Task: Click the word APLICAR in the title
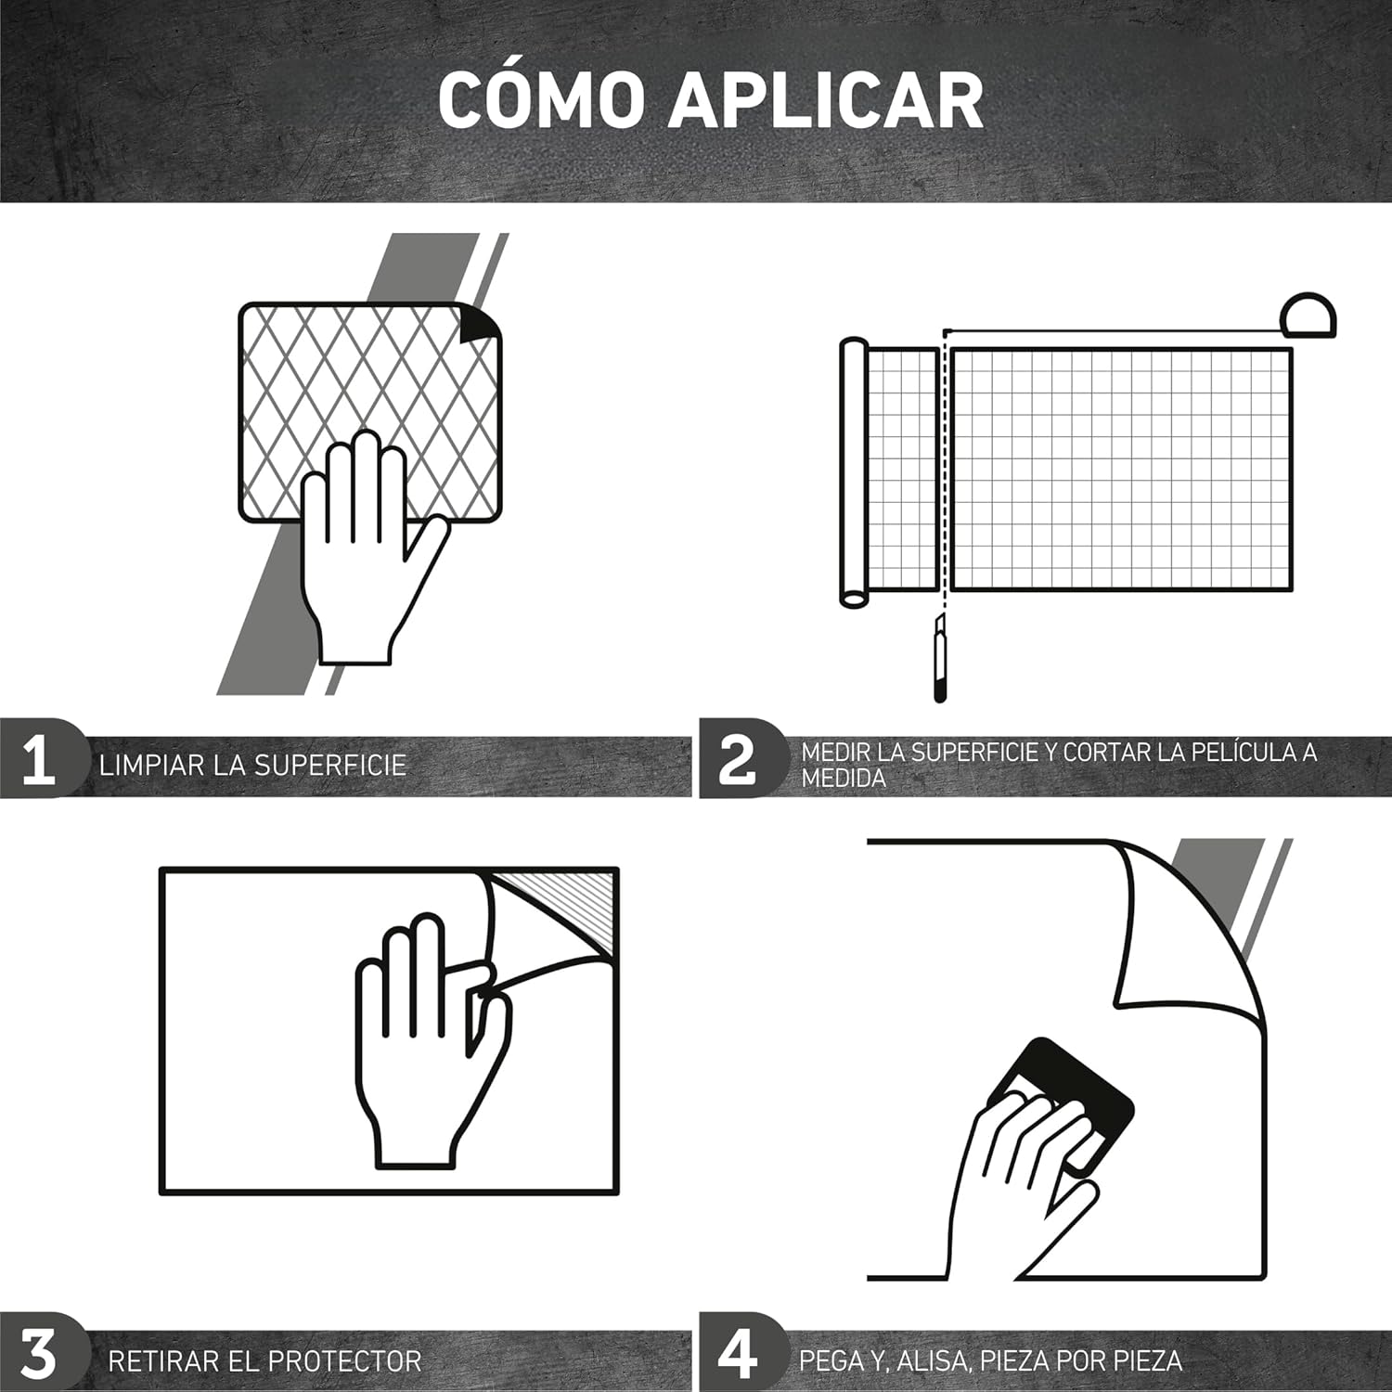pos(826,99)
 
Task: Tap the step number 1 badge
pos(39,759)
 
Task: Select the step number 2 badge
pos(738,759)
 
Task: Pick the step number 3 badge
pos(39,1354)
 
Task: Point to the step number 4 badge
pos(738,1354)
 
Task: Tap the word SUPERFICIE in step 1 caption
pos(330,765)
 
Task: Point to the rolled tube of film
pos(853,473)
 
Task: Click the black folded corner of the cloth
pos(480,323)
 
